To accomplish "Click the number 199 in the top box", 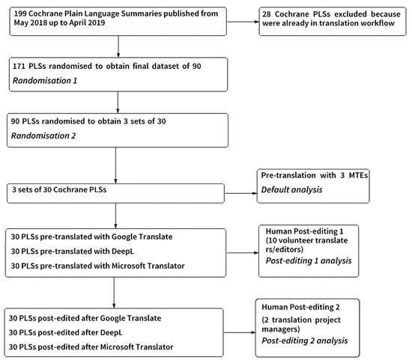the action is tap(20, 13).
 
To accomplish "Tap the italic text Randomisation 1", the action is tap(45, 80).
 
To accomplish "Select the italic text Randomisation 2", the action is tap(43, 135).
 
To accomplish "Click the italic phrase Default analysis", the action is tap(291, 190).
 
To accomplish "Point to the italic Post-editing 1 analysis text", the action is tap(309, 260).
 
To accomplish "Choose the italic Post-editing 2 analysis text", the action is tap(305, 341).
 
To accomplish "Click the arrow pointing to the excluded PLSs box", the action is tap(243, 22).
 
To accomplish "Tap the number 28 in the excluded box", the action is tap(267, 14).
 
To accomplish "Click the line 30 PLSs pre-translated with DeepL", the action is tap(73, 251).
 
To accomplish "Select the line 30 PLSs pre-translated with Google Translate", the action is tap(91, 237).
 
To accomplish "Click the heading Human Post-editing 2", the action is tap(300, 307).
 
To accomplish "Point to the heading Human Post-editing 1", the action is tap(305, 231).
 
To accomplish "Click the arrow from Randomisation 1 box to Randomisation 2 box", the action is tap(118, 103).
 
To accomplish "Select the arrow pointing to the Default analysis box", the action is tap(241, 193).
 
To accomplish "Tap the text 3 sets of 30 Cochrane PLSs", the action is tap(59, 189).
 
